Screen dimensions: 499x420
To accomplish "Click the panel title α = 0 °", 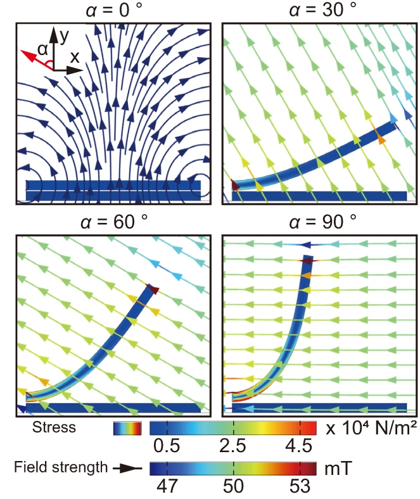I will pos(114,10).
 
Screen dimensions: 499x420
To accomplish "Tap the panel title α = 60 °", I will pos(114,222).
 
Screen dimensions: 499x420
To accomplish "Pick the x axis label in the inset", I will pos(74,56).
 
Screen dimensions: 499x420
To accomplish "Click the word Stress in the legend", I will pos(55,427).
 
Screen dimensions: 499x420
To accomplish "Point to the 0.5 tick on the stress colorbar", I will pos(167,446).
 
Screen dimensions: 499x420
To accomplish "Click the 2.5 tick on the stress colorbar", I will pos(234,446).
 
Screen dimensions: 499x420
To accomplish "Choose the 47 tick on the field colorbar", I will pos(167,487).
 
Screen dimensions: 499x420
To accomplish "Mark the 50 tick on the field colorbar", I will pos(234,487).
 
